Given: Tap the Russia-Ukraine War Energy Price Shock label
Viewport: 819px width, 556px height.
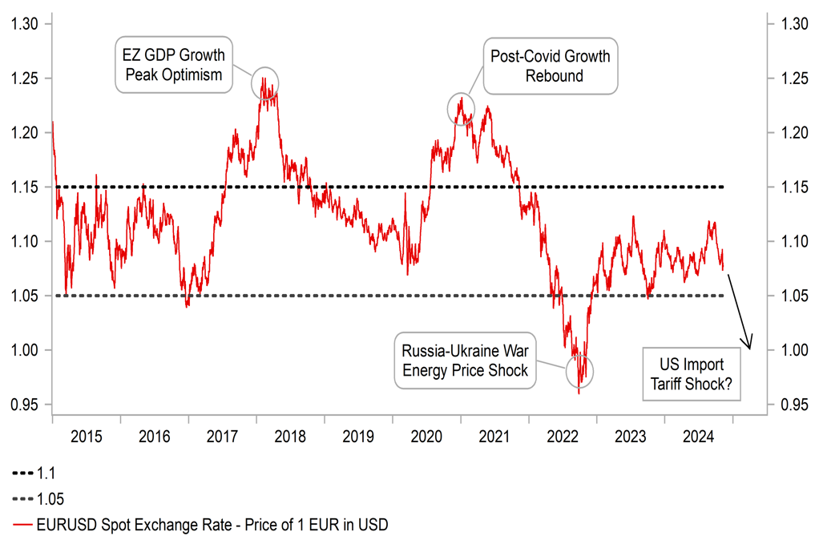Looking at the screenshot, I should [466, 361].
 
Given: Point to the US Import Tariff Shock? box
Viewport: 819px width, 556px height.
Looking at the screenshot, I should [692, 373].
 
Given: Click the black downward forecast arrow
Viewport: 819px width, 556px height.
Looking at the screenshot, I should [742, 308].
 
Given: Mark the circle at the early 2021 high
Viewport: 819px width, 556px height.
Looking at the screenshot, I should [461, 107].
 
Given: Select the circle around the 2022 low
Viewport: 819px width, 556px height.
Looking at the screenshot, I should [579, 371].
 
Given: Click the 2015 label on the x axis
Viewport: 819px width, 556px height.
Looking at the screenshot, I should [87, 437].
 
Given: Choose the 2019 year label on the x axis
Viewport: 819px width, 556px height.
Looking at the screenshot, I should [358, 437].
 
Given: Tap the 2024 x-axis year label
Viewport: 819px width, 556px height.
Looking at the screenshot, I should [699, 437].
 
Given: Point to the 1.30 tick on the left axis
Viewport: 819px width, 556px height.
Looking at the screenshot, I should [24, 24].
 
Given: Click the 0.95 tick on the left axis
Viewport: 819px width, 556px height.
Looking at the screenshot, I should [24, 405].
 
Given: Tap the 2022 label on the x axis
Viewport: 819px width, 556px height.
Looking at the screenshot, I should [563, 437].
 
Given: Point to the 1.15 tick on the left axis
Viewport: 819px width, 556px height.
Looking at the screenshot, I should [24, 187].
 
